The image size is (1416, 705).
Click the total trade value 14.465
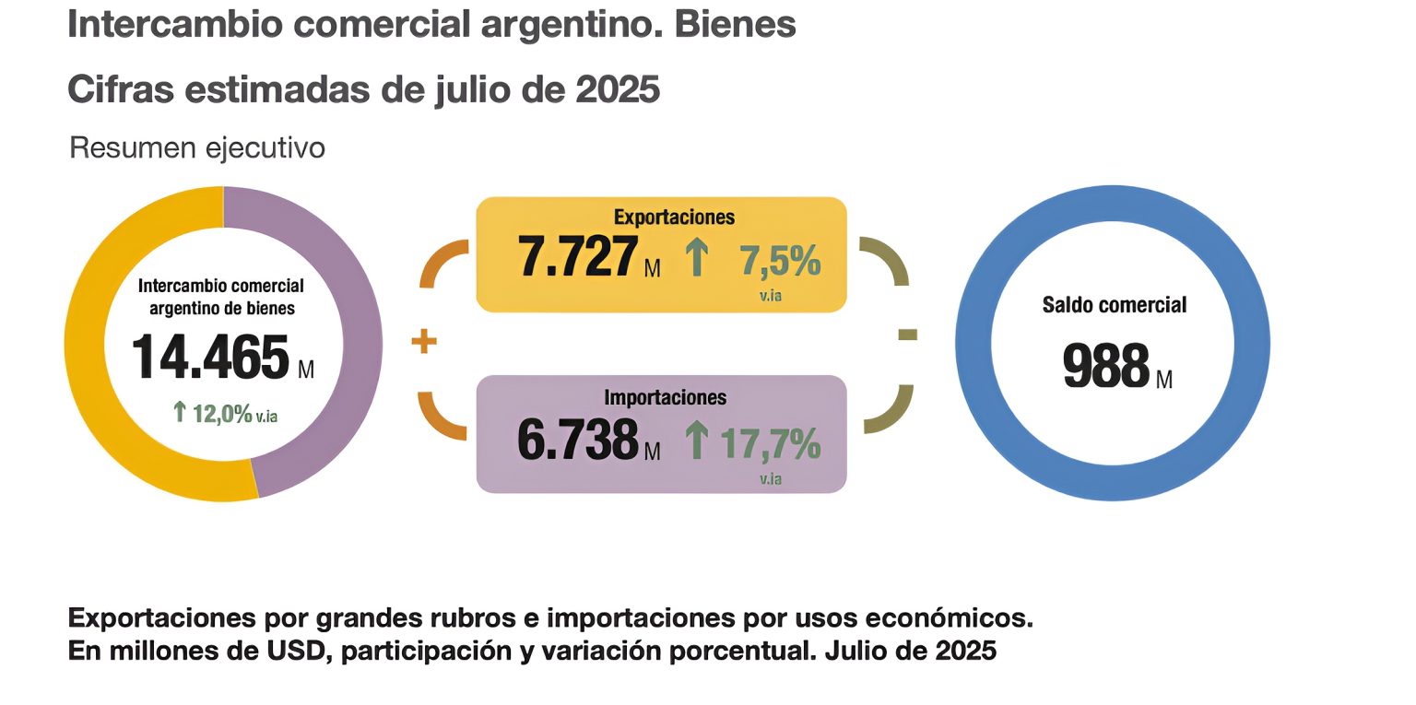pos(210,358)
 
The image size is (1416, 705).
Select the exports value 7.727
pos(578,257)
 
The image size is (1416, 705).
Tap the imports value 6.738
pos(578,440)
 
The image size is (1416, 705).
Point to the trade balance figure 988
pos(1106,366)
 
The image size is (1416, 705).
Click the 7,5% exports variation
pos(780,262)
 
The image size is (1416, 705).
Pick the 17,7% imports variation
pos(770,443)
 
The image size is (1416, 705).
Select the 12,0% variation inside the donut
pos(221,413)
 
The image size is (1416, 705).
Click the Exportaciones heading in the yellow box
pos(675,217)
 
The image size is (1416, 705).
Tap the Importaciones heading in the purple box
pos(666,397)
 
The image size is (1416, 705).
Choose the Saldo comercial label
pos(1115,305)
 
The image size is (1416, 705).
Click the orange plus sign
pos(423,343)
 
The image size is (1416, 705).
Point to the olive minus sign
pos(907,335)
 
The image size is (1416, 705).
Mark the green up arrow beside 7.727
pos(697,257)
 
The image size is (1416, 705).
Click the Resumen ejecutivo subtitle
pos(197,147)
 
